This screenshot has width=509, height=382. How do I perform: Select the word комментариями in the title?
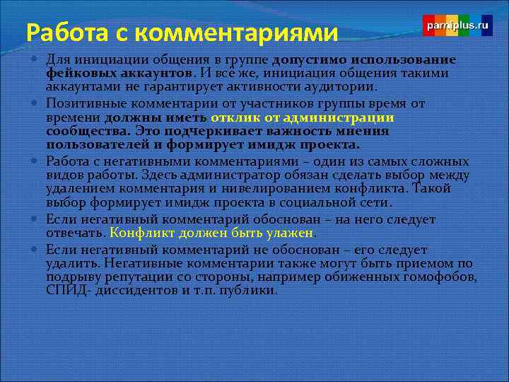237,33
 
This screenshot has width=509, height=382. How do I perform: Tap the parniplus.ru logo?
457,25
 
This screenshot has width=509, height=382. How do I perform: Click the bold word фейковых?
78,73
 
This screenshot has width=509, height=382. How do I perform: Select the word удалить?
67,263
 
